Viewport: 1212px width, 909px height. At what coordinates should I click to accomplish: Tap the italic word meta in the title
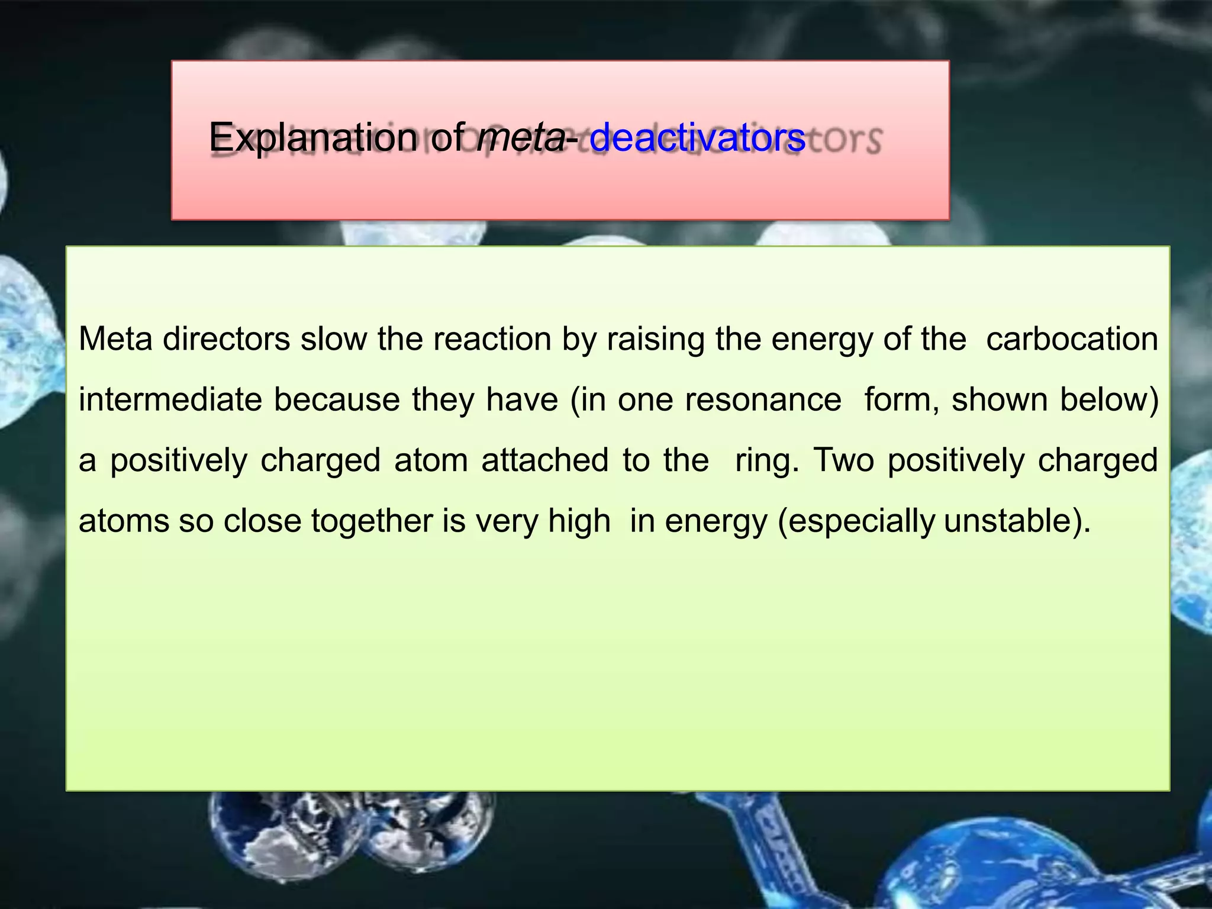coord(521,138)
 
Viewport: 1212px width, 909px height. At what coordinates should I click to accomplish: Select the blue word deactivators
coord(697,138)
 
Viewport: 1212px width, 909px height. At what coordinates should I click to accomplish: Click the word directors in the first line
coord(226,339)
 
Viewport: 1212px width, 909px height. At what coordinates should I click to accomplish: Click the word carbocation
coord(1072,339)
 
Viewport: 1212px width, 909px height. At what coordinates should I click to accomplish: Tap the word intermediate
coord(170,399)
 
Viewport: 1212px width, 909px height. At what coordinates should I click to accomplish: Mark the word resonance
coord(763,399)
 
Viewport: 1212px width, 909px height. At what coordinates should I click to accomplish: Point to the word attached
coord(544,460)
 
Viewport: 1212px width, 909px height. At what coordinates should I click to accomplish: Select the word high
coord(579,521)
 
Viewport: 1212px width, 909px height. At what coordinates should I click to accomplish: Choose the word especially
coord(862,521)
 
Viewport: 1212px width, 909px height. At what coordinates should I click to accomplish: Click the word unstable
coord(1008,521)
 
